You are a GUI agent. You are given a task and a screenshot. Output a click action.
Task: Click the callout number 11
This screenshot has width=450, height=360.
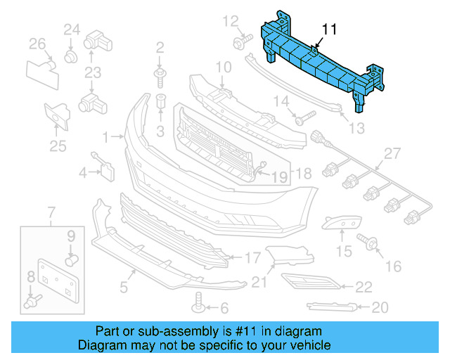click(x=330, y=30)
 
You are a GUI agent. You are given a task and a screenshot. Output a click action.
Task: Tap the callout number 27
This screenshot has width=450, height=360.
click(x=392, y=154)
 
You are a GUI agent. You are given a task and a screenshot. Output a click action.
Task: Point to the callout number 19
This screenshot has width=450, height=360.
click(x=280, y=178)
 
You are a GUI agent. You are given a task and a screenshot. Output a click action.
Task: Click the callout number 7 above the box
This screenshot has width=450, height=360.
click(x=51, y=212)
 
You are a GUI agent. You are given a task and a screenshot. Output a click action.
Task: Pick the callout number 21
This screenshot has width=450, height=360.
click(x=260, y=283)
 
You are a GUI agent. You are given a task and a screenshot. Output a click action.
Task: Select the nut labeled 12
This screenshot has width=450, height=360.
click(x=239, y=43)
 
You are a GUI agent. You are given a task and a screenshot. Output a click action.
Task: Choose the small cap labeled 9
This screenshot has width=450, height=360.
click(x=70, y=261)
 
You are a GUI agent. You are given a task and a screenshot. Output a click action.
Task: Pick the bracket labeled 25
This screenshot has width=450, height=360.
click(x=55, y=116)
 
